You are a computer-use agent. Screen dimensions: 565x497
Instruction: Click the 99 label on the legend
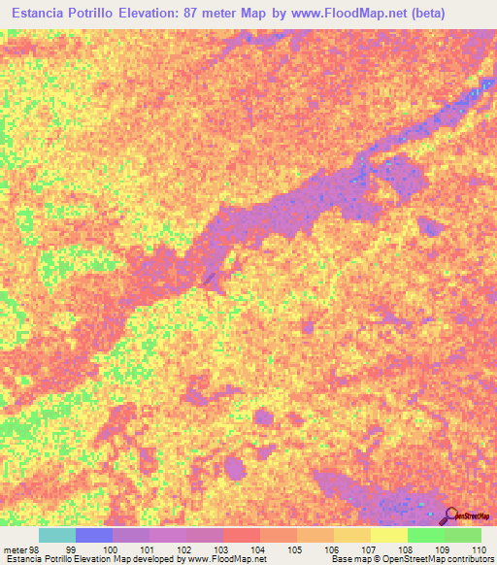pos(71,548)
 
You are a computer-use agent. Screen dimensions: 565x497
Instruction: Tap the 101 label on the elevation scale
pos(145,548)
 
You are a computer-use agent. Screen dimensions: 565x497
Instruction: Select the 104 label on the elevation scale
pos(255,548)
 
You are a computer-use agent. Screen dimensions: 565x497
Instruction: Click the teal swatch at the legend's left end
pos(57,535)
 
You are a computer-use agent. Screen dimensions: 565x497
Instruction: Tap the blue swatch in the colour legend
pos(94,535)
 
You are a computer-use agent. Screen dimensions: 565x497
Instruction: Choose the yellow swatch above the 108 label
pos(388,535)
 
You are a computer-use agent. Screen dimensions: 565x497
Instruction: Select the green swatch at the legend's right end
pos(462,535)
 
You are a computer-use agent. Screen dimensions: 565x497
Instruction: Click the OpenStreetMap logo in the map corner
pos(465,515)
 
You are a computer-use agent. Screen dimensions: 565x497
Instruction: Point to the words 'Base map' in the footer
pos(348,560)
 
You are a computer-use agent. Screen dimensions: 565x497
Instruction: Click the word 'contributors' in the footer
pos(469,560)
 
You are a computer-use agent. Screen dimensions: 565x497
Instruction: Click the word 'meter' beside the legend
pos(17,548)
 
